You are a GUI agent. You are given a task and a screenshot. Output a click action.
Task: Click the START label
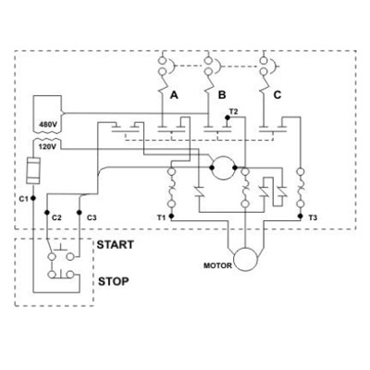(x=116, y=245)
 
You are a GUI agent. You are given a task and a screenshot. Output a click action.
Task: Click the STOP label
(x=114, y=281)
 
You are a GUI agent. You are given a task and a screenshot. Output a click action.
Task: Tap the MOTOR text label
(x=217, y=265)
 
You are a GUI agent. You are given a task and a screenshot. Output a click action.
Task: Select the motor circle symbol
(x=245, y=259)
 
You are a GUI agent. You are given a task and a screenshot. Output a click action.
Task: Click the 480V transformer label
(x=48, y=125)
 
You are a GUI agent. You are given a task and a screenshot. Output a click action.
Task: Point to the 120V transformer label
(x=47, y=146)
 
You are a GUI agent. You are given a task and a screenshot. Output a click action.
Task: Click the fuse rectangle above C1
(x=33, y=170)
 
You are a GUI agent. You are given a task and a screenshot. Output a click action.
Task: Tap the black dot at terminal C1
(x=33, y=198)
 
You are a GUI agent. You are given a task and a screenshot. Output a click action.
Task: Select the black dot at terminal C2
(x=47, y=213)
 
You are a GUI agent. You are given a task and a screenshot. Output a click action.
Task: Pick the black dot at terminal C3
(x=80, y=213)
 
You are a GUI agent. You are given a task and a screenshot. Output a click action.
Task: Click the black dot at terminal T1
(x=172, y=216)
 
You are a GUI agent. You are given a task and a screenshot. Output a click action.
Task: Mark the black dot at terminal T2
(x=228, y=117)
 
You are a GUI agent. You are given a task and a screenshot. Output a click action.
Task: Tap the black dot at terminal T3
(x=301, y=216)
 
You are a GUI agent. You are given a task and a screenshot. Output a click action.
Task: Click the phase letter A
(x=174, y=95)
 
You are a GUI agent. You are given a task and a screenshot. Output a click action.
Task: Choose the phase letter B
(x=222, y=95)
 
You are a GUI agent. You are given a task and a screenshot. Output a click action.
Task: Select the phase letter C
(x=277, y=95)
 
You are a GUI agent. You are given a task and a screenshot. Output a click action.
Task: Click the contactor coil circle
(x=223, y=167)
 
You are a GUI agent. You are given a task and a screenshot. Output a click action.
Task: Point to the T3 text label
(x=313, y=218)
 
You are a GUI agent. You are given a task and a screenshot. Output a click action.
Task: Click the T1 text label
(x=161, y=218)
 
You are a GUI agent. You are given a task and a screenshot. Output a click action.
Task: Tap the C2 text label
(x=56, y=218)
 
